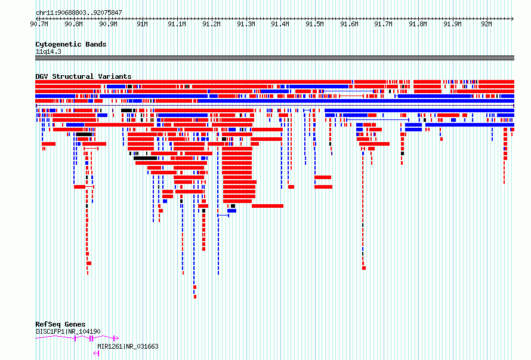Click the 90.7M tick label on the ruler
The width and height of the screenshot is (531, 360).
pyautogui.click(x=39, y=24)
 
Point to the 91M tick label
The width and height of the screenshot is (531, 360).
pyautogui.click(x=142, y=24)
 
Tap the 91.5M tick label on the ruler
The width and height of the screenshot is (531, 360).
pyautogui.click(x=314, y=24)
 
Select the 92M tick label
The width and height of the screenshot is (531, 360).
pyautogui.click(x=487, y=24)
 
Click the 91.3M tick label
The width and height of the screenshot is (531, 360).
pyautogui.click(x=246, y=24)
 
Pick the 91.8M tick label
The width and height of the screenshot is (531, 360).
pyautogui.click(x=418, y=24)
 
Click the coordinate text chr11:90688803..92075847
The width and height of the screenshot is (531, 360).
pyautogui.click(x=79, y=13)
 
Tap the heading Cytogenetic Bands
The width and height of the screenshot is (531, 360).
pyautogui.click(x=71, y=44)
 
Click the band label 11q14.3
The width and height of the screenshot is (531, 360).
pyautogui.click(x=48, y=51)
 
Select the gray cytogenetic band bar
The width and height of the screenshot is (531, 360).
pyautogui.click(x=274, y=58)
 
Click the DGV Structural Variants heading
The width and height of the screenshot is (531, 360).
pyautogui.click(x=84, y=76)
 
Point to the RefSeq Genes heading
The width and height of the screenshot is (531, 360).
pyautogui.click(x=60, y=324)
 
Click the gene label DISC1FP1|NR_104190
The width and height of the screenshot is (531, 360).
pyautogui.click(x=68, y=331)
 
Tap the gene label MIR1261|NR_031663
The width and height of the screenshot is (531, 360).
pyautogui.click(x=128, y=346)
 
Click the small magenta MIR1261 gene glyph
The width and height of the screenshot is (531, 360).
pyautogui.click(x=96, y=353)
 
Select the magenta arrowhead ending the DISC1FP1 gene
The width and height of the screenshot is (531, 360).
pyautogui.click(x=116, y=338)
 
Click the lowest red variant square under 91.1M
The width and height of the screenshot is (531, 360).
pyautogui.click(x=195, y=297)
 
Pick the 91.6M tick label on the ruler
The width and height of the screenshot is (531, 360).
pyautogui.click(x=349, y=24)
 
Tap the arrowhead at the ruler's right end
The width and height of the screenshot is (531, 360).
pyautogui.click(x=513, y=19)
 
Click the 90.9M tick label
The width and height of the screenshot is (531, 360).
pyautogui.click(x=108, y=24)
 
